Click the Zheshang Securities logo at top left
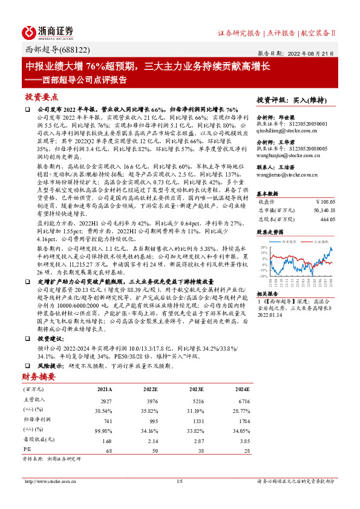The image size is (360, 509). (48, 32)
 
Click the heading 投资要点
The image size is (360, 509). (41, 97)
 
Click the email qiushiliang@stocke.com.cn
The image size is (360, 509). (284, 129)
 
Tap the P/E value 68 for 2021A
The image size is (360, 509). (110, 450)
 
